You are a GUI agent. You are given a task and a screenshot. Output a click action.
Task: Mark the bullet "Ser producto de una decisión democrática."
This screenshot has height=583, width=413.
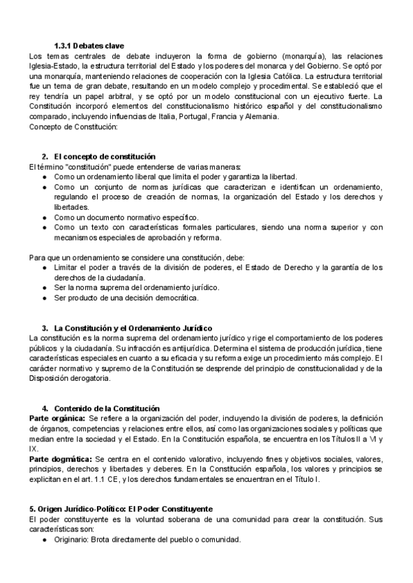point(126,298)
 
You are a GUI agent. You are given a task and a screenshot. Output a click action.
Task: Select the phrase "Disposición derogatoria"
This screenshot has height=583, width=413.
point(69,379)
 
